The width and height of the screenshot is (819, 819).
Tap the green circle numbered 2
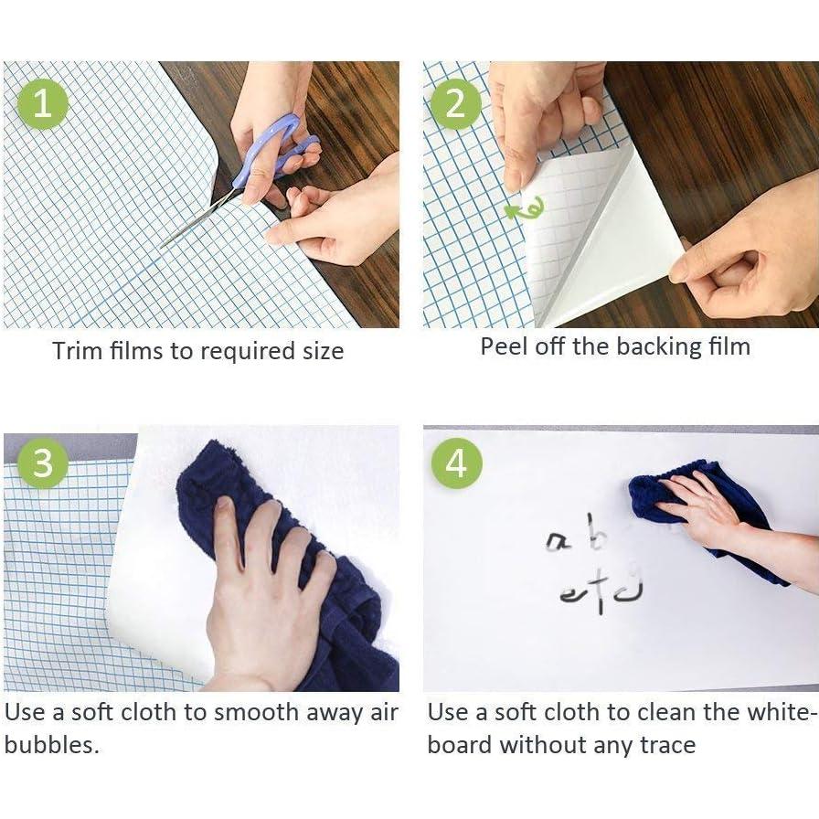coord(455,103)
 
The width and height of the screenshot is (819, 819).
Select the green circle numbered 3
coord(43,463)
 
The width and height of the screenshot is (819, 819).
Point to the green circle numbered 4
coord(456,463)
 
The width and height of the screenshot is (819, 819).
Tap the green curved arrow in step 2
coord(524,208)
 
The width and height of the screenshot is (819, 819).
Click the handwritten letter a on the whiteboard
coord(557,542)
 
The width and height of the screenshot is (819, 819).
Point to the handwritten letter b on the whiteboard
coord(597,533)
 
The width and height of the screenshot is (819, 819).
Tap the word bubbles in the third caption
coord(52,745)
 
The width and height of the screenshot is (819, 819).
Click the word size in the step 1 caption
coord(324,350)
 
